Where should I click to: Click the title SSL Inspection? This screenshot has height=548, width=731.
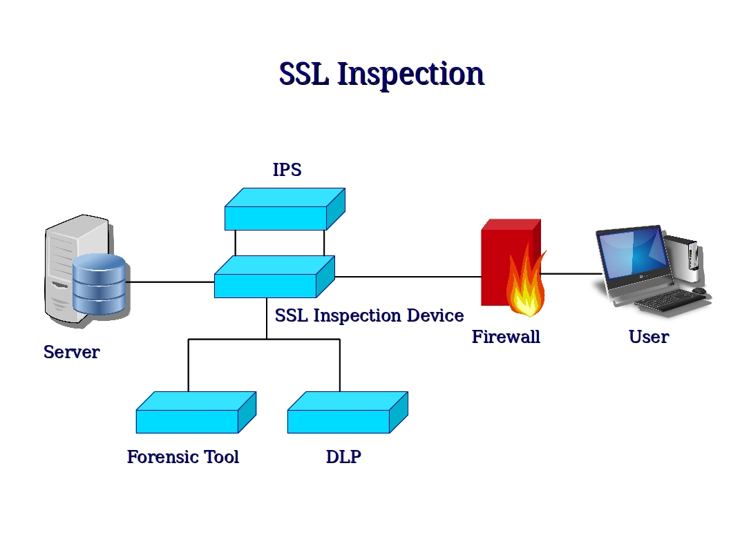click(x=381, y=74)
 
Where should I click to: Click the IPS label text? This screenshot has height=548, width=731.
click(x=287, y=170)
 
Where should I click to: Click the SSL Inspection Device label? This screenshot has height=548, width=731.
click(x=369, y=315)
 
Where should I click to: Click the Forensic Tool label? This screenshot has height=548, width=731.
click(x=183, y=457)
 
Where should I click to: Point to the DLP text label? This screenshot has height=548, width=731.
click(x=343, y=457)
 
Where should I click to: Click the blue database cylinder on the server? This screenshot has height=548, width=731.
click(x=99, y=284)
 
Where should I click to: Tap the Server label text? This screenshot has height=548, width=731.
click(x=71, y=352)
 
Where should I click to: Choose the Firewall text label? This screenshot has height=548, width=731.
click(x=506, y=337)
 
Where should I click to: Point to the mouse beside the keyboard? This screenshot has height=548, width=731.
click(x=699, y=291)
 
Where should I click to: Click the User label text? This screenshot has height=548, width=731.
click(x=648, y=337)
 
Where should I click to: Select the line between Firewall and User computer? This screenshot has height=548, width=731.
click(x=570, y=274)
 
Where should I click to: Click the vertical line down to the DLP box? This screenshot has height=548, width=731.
click(x=339, y=366)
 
